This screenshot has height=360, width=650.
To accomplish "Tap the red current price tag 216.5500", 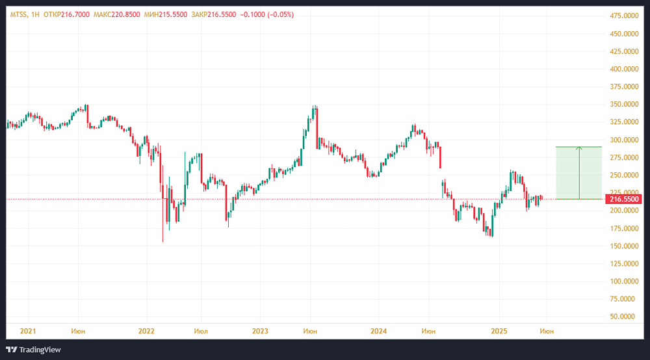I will tap(622, 199).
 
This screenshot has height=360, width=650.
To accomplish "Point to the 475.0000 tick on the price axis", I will tap(623, 16).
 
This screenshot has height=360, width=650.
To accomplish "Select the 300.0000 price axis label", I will tap(623, 140).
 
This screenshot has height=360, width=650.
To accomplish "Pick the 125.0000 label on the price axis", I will tap(623, 264).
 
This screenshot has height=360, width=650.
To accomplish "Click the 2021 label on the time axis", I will tap(28, 331).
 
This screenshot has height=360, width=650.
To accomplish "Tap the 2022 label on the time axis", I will tap(146, 331).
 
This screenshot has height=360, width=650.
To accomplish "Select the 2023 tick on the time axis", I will tap(260, 331).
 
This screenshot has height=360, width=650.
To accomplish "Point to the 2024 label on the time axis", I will tap(378, 331).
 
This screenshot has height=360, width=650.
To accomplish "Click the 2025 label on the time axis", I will tap(499, 331).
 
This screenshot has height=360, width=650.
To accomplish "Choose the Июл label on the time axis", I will tap(201, 331).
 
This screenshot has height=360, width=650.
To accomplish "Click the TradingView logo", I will tap(36, 350).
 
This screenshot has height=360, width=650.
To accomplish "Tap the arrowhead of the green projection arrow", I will tap(579, 148).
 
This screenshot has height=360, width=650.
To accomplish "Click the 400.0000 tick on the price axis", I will tap(623, 69).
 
